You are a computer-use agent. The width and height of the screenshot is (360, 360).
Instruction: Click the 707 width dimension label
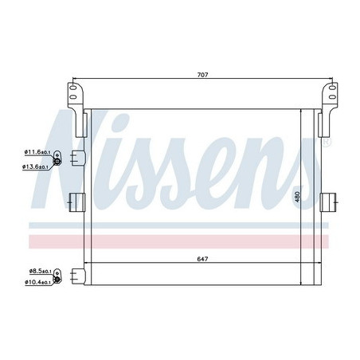click(202, 75)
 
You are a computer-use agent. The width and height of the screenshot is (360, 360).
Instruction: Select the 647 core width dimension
click(202, 259)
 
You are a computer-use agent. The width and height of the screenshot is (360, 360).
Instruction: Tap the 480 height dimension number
click(297, 197)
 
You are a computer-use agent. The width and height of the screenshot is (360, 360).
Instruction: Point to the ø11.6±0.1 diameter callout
click(37, 152)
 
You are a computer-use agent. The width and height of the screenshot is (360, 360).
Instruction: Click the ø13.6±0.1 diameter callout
click(35, 166)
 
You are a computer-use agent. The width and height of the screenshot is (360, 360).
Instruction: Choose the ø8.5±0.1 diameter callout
click(41, 271)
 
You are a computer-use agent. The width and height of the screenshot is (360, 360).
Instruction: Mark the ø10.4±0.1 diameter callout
click(37, 282)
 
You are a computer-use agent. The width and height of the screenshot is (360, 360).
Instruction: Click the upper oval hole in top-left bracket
click(73, 87)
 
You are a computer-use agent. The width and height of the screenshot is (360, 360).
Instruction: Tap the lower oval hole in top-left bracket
click(73, 96)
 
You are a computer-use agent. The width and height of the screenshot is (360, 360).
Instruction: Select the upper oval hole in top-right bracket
click(332, 87)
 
